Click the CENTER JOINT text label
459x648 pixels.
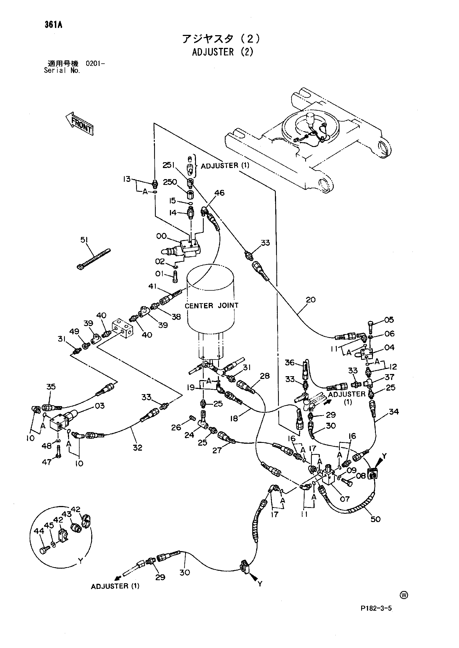coord(211,306)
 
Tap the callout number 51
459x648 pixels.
coord(84,240)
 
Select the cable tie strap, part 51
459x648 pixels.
coord(94,259)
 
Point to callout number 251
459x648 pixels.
coord(169,165)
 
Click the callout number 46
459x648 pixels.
coord(219,193)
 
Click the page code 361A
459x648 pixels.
coord(53,25)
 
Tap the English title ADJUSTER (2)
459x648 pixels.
coord(223,52)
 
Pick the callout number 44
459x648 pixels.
coord(39,531)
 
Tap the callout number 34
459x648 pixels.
coord(394,412)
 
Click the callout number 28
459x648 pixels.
coord(264,376)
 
